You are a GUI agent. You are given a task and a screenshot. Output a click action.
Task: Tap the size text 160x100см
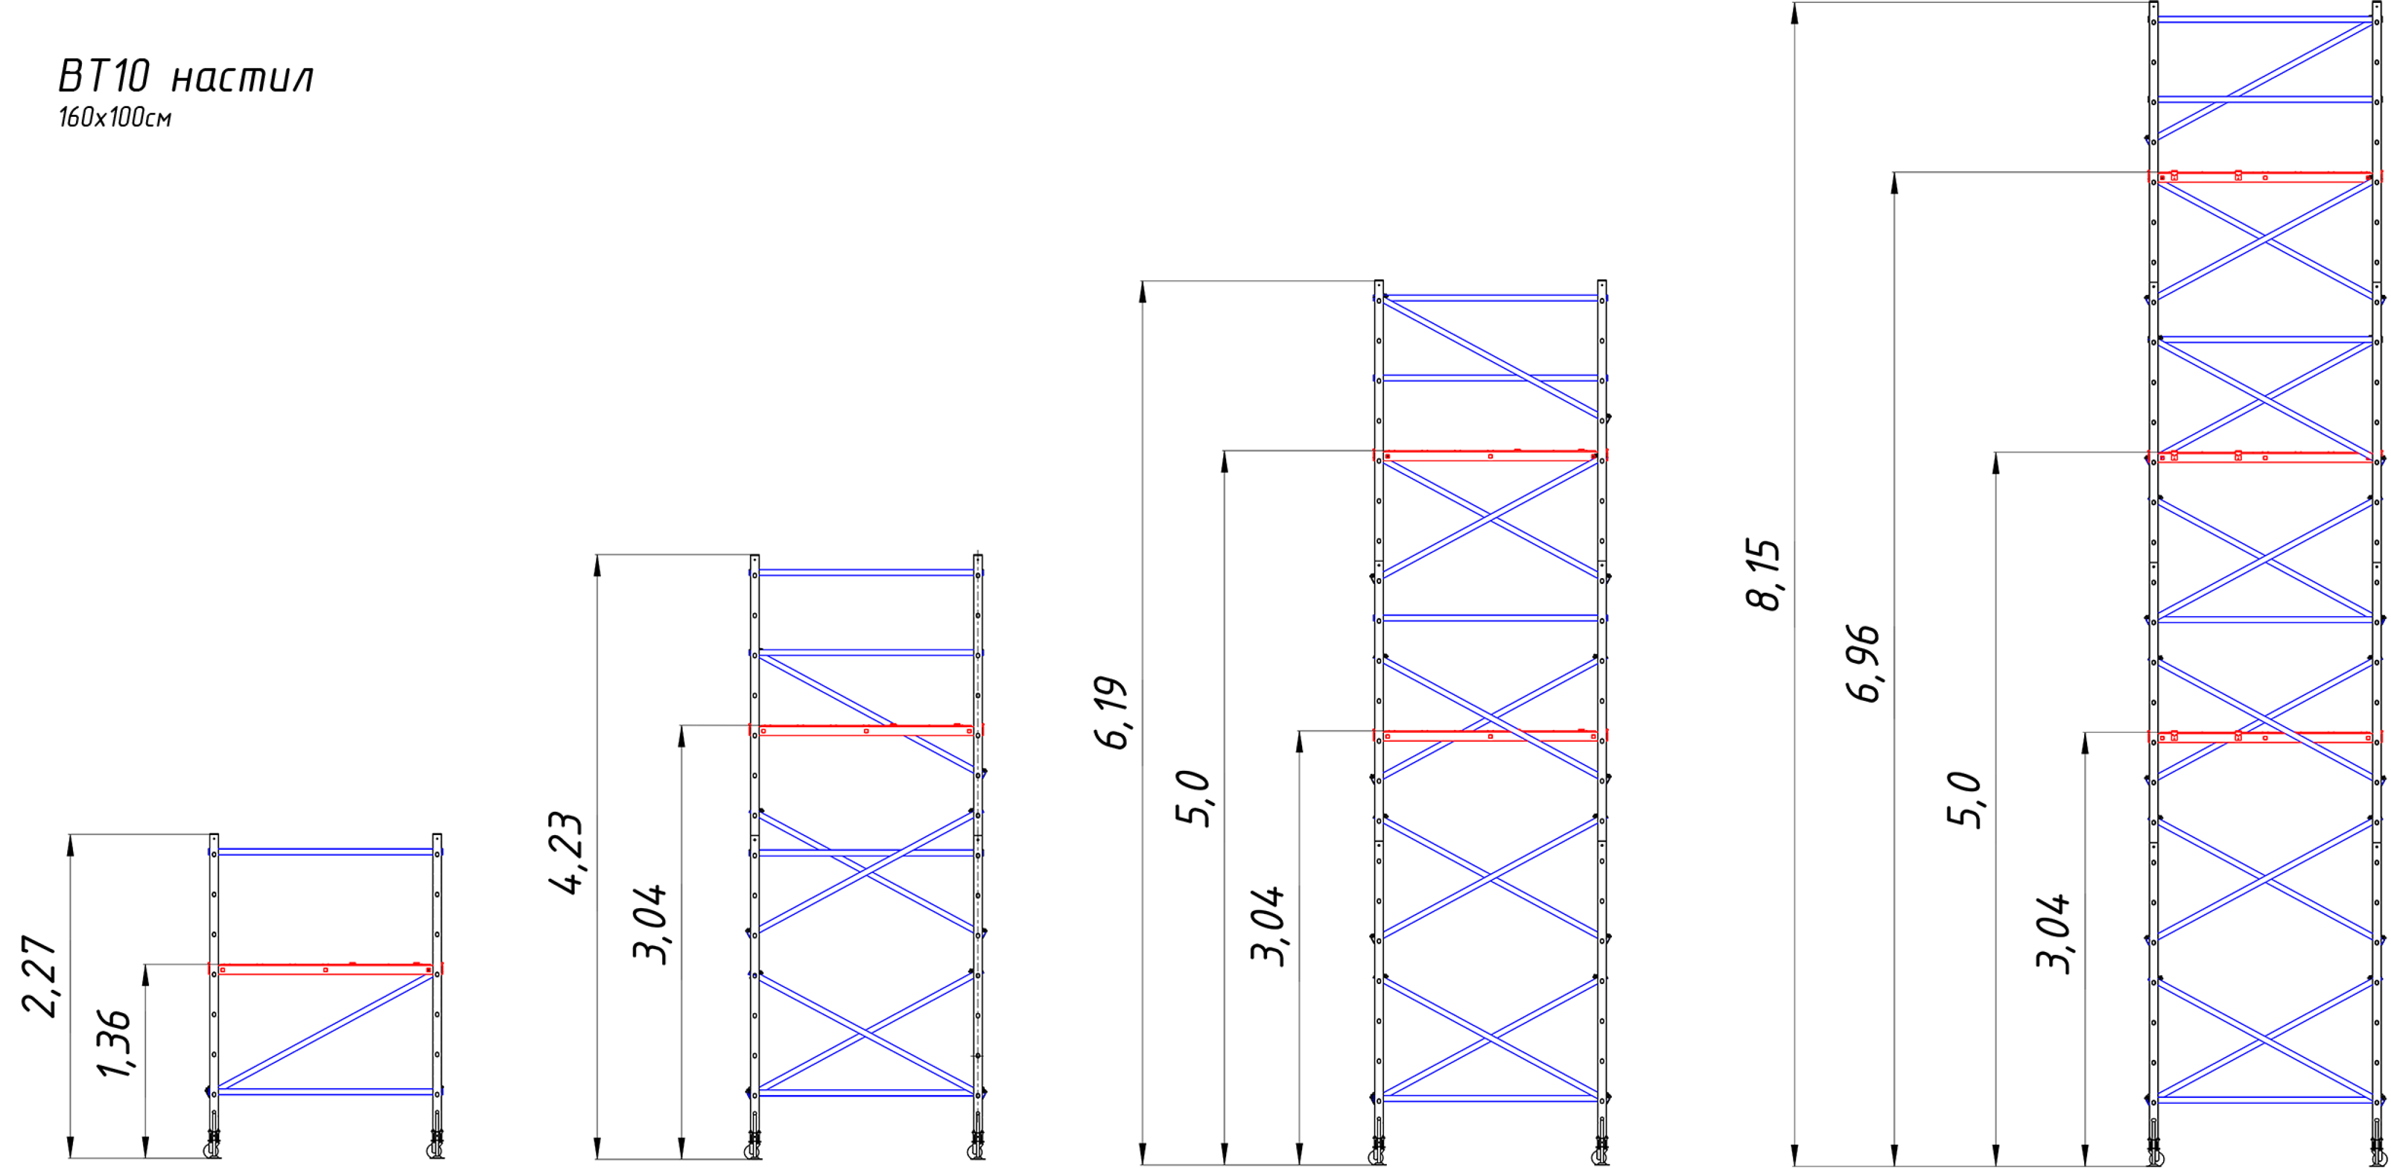(115, 119)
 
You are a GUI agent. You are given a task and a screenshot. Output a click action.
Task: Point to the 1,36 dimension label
(115, 1044)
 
